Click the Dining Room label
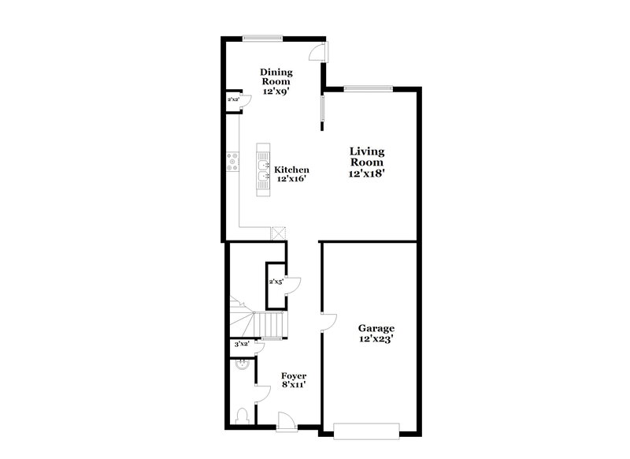tap(276, 81)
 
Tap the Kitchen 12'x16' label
tap(291, 174)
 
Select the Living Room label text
tap(367, 162)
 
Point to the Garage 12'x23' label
tap(376, 334)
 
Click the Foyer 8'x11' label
tap(293, 380)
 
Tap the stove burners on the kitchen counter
tap(233, 162)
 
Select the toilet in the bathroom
tap(243, 416)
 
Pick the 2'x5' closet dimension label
tap(276, 282)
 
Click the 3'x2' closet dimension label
tap(241, 345)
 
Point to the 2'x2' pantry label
tap(233, 100)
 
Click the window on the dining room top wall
tap(261, 37)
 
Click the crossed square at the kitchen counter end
tap(277, 233)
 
